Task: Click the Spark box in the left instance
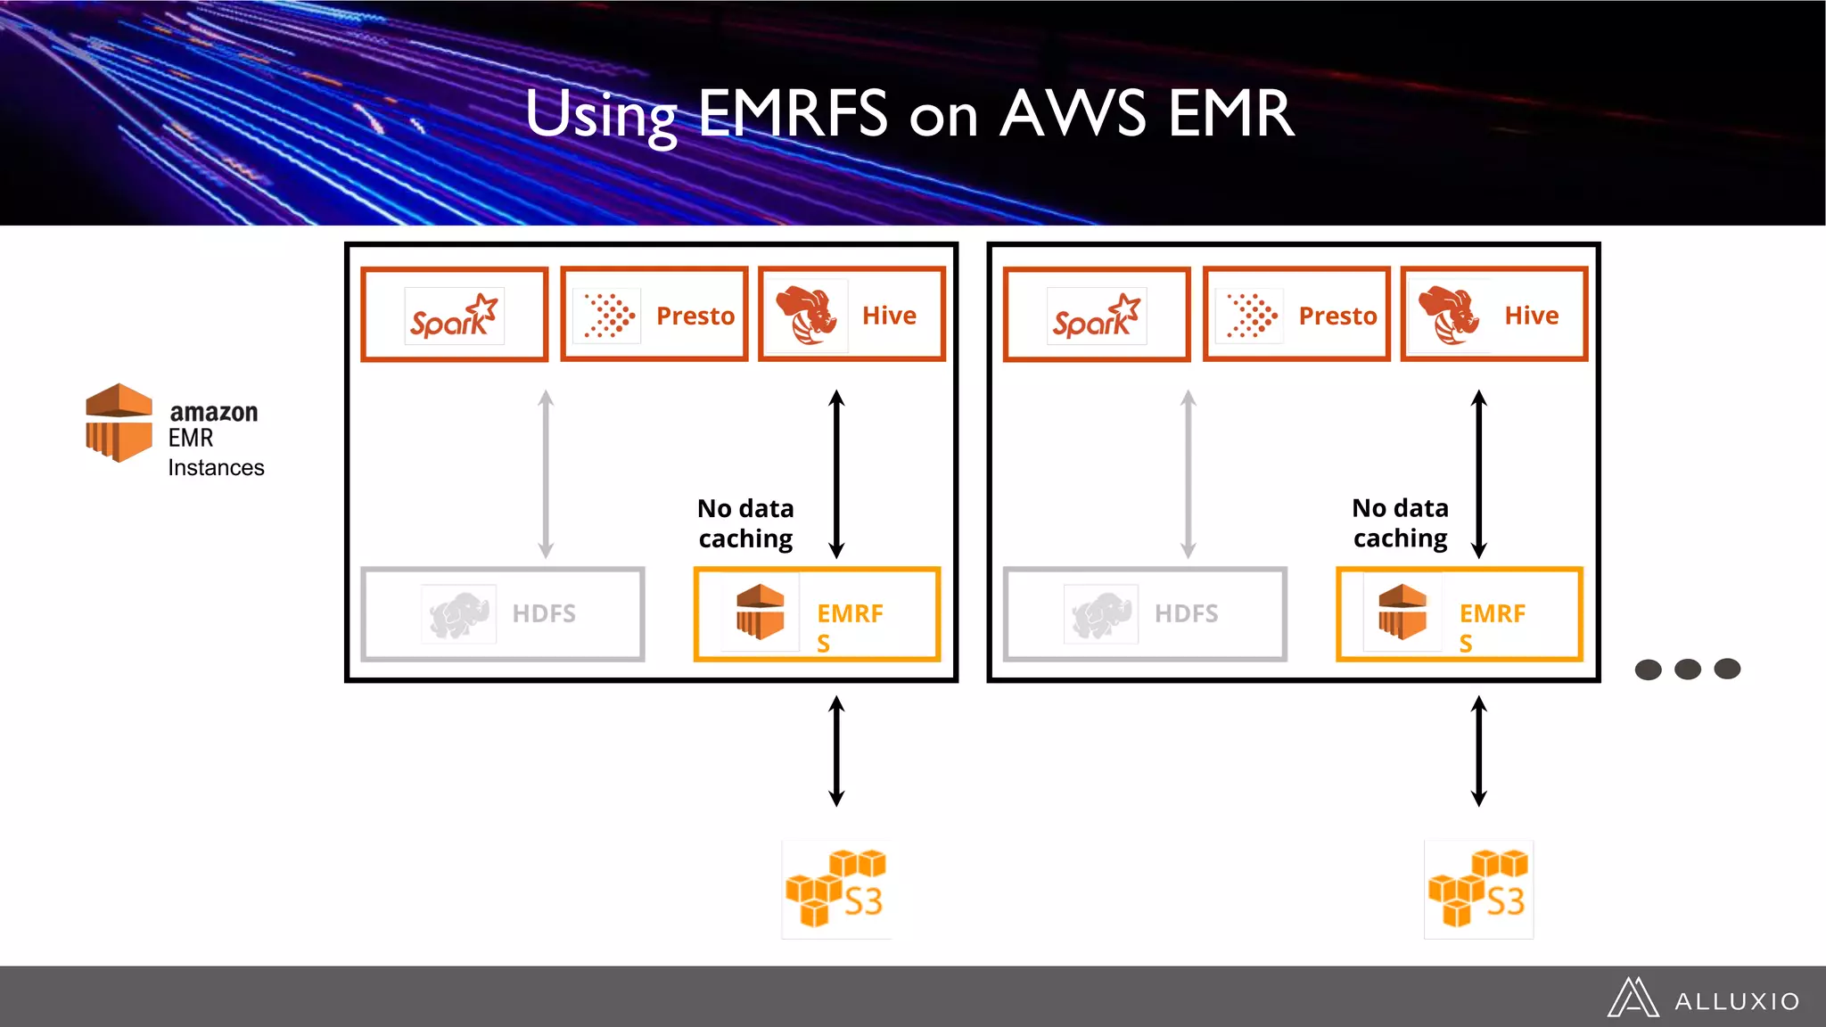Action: (454, 315)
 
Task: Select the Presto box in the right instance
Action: (1296, 315)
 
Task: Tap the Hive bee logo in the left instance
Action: (807, 315)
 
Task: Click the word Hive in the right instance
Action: (1531, 316)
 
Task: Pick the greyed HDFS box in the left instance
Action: (502, 614)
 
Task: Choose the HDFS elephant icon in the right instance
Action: (1100, 614)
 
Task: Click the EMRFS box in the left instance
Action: (817, 614)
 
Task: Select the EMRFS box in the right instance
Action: (1460, 614)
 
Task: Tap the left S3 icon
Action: (835, 889)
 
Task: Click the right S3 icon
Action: (1478, 889)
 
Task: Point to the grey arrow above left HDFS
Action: (546, 474)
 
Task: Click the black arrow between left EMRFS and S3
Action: (836, 752)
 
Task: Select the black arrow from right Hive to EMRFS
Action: (1478, 474)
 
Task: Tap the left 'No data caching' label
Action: (745, 523)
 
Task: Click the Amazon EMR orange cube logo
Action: (119, 423)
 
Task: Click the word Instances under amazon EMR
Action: (216, 468)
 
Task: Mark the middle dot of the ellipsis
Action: (1687, 669)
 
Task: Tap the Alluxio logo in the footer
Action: (1703, 998)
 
